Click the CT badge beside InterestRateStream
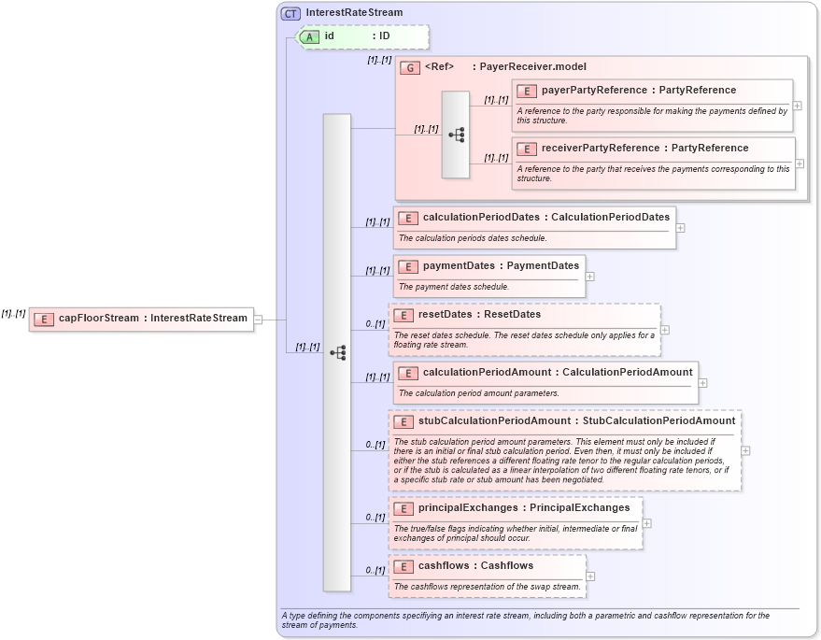tap(290, 13)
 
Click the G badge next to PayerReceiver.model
tap(409, 67)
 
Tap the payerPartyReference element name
tap(594, 91)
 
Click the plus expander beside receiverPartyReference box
tap(800, 164)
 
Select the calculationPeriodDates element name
tap(480, 217)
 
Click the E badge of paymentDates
tap(407, 266)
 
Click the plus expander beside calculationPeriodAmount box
tap(703, 383)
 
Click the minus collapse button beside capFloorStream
tap(258, 319)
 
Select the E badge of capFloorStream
tap(43, 319)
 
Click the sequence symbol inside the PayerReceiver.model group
tap(456, 135)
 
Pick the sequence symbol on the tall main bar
tap(337, 352)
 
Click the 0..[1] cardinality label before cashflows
tap(375, 570)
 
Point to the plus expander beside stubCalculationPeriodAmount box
tap(745, 449)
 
